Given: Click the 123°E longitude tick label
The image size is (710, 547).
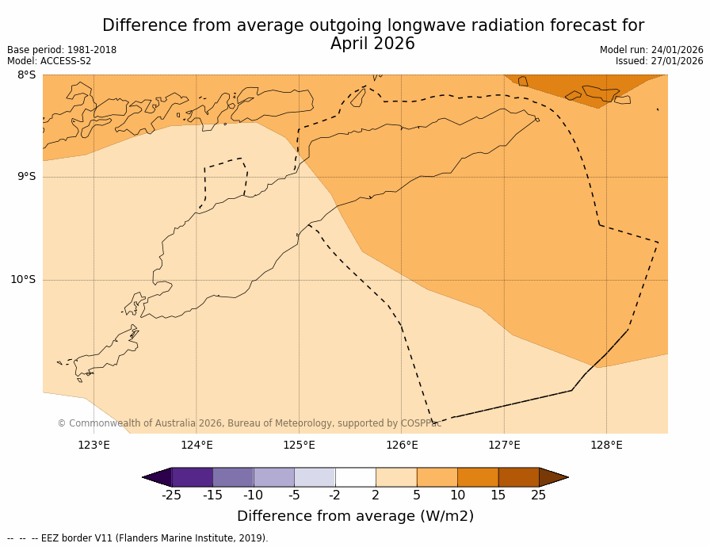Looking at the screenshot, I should coord(94,445).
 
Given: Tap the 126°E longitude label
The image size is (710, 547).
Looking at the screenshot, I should coord(402,445).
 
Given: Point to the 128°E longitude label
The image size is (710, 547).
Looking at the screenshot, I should coord(606,445).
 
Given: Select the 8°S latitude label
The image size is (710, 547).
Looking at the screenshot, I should coord(26,75).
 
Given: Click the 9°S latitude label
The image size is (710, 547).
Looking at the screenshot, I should coord(26,177).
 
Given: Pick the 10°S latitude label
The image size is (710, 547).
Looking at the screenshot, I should coord(23,279).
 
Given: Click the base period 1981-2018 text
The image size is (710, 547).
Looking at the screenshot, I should coord(90,50).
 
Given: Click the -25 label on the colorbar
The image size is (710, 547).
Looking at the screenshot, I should coord(171,495).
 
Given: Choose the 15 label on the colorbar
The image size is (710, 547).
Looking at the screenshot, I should coord(498,495).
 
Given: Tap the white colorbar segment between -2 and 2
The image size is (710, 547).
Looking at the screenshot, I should coord(355,477).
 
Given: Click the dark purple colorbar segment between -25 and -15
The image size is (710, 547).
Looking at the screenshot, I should coord(192,477).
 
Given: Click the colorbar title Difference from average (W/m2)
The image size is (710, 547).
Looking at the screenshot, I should coord(355,516).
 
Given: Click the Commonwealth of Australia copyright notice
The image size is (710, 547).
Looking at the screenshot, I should coord(249,423).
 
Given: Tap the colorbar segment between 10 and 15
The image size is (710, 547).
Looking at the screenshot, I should coord(478,477).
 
